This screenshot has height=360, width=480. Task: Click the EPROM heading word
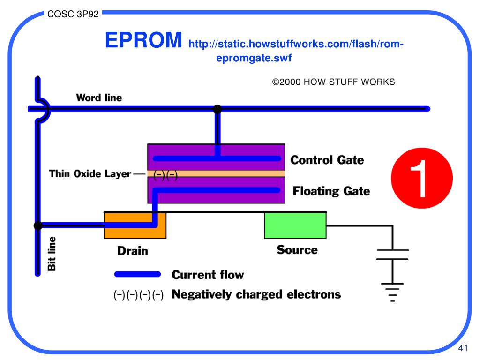click(143, 41)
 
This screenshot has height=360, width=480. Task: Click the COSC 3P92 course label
click(73, 14)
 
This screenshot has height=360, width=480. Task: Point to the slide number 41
click(463, 348)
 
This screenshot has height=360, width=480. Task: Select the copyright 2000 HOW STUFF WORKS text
click(334, 82)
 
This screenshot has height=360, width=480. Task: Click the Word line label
click(99, 98)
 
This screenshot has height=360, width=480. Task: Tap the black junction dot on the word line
click(217, 109)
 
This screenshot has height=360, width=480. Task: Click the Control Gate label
click(327, 160)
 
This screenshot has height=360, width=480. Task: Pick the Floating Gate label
click(331, 191)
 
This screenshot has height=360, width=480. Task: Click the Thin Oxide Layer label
click(90, 174)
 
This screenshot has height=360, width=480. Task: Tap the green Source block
click(295, 225)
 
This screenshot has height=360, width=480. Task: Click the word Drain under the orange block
click(133, 251)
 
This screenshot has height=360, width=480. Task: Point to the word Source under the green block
click(297, 249)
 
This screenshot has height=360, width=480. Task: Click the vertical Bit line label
click(52, 253)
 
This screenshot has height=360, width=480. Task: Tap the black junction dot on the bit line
click(38, 226)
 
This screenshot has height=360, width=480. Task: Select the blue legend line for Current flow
click(138, 274)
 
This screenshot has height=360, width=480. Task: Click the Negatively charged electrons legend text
click(256, 294)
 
